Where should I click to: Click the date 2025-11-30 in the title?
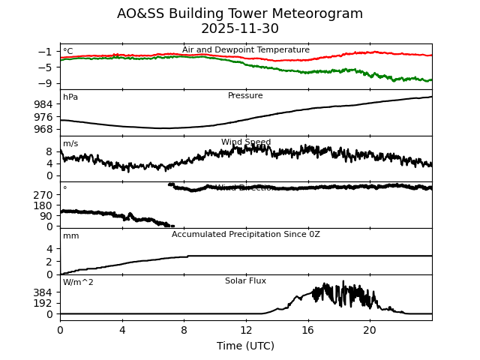(x=240, y=29)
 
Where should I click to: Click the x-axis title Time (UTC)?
(x=245, y=346)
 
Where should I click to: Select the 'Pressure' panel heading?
(x=245, y=96)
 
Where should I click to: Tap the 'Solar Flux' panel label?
(x=245, y=281)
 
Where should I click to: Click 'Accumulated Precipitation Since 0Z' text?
(x=245, y=235)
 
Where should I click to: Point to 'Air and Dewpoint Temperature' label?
(x=245, y=50)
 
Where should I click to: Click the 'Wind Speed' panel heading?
(x=245, y=142)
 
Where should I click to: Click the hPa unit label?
(x=70, y=97)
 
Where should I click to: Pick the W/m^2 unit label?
(x=78, y=283)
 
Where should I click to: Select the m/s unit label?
(x=70, y=144)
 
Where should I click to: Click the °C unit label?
(x=68, y=52)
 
